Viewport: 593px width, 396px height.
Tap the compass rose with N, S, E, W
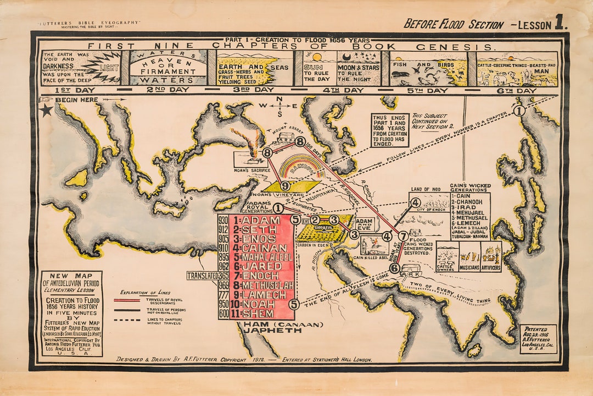click(x=279, y=106)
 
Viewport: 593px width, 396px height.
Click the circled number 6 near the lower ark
click(x=394, y=268)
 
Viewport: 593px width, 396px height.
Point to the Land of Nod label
click(x=423, y=190)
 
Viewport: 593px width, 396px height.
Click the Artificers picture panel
click(x=491, y=256)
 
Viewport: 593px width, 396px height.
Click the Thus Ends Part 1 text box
click(x=390, y=130)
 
